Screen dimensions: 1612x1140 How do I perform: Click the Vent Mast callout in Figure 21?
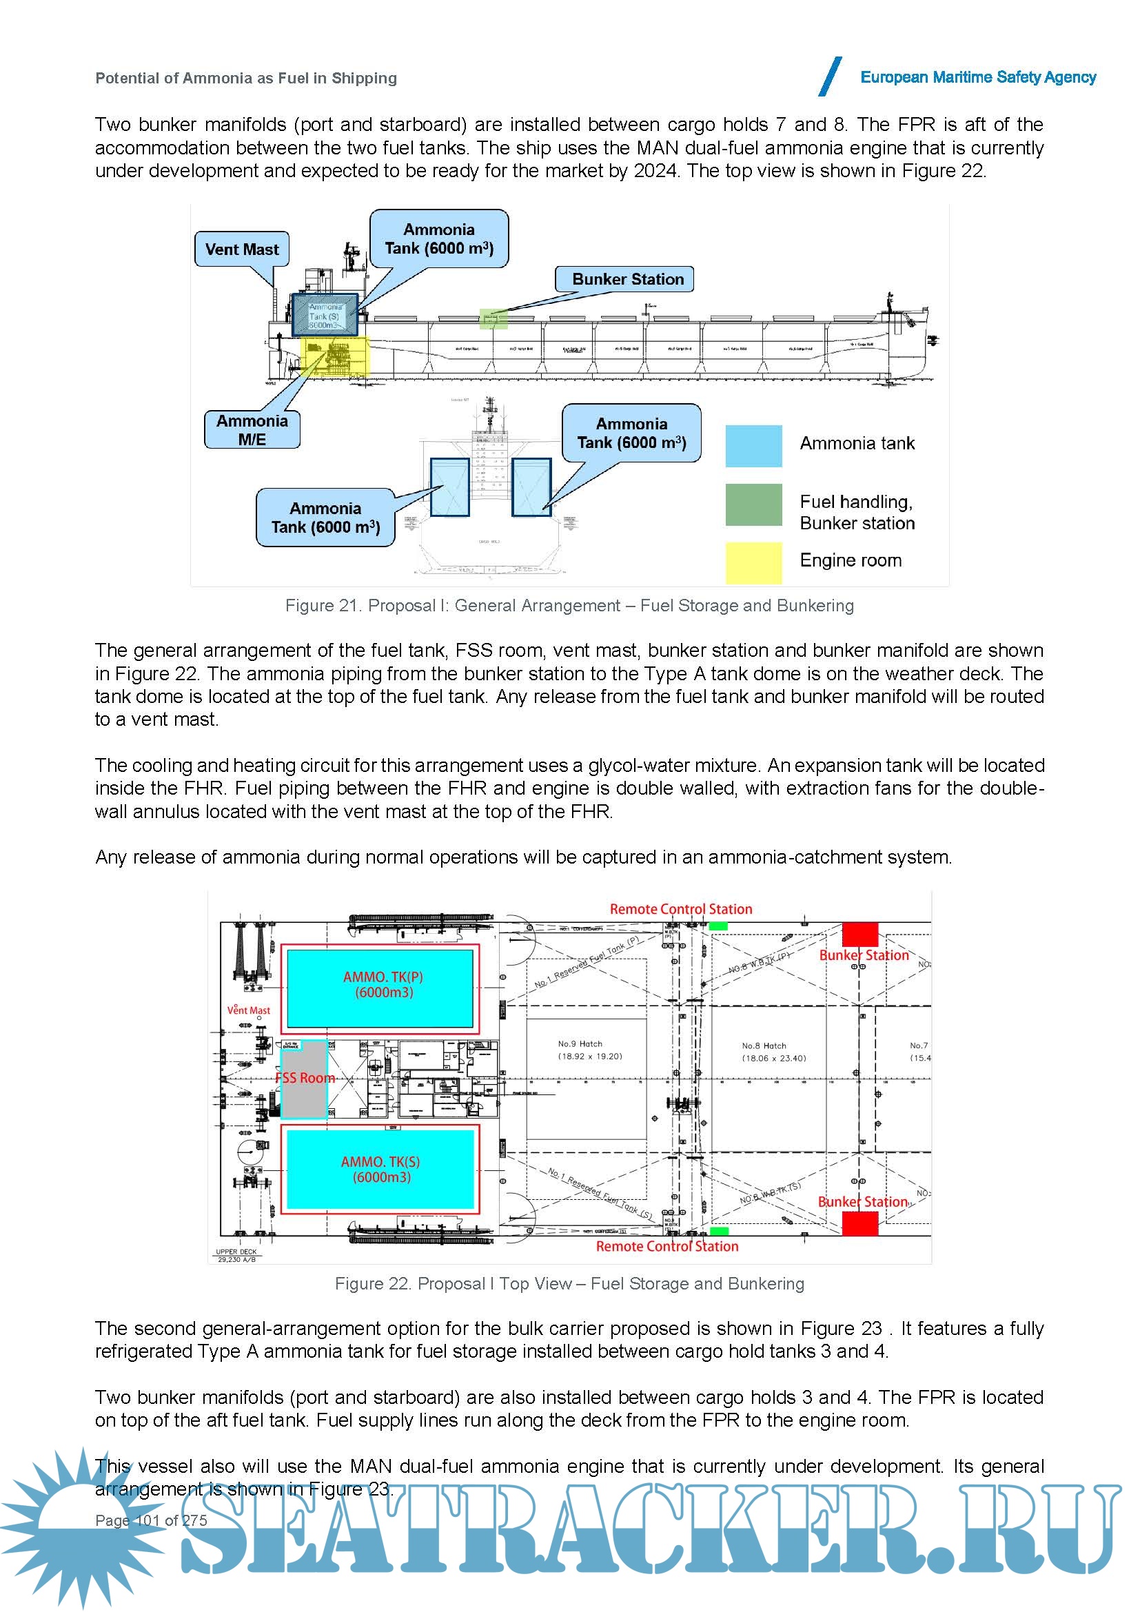pyautogui.click(x=241, y=249)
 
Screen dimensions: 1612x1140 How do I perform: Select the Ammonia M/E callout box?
pyautogui.click(x=252, y=429)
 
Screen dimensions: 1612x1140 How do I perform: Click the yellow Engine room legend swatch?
pyautogui.click(x=753, y=562)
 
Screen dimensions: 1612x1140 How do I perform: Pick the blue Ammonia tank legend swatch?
pyautogui.click(x=753, y=446)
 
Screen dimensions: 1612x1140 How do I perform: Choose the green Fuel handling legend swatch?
pyautogui.click(x=753, y=504)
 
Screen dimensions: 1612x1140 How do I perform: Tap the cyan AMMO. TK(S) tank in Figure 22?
pyautogui.click(x=380, y=1169)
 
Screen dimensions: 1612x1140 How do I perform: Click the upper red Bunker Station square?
pyautogui.click(x=860, y=934)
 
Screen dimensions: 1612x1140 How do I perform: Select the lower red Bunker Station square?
pyautogui.click(x=860, y=1223)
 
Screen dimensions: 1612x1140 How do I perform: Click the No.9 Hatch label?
pyautogui.click(x=580, y=1044)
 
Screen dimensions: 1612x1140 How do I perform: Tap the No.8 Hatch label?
pyautogui.click(x=764, y=1045)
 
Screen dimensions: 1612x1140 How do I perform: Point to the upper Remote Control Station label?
pyautogui.click(x=680, y=909)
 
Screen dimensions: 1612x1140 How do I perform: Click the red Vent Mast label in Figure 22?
pyautogui.click(x=249, y=1010)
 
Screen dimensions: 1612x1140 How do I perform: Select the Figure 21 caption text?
pyautogui.click(x=569, y=606)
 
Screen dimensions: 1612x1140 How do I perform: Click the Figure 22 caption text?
pyautogui.click(x=569, y=1284)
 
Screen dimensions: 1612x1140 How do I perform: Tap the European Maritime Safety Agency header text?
pyautogui.click(x=978, y=77)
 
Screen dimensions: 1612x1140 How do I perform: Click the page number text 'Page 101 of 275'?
pyautogui.click(x=151, y=1520)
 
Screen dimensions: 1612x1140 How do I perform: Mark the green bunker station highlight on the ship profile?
pyautogui.click(x=493, y=319)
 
